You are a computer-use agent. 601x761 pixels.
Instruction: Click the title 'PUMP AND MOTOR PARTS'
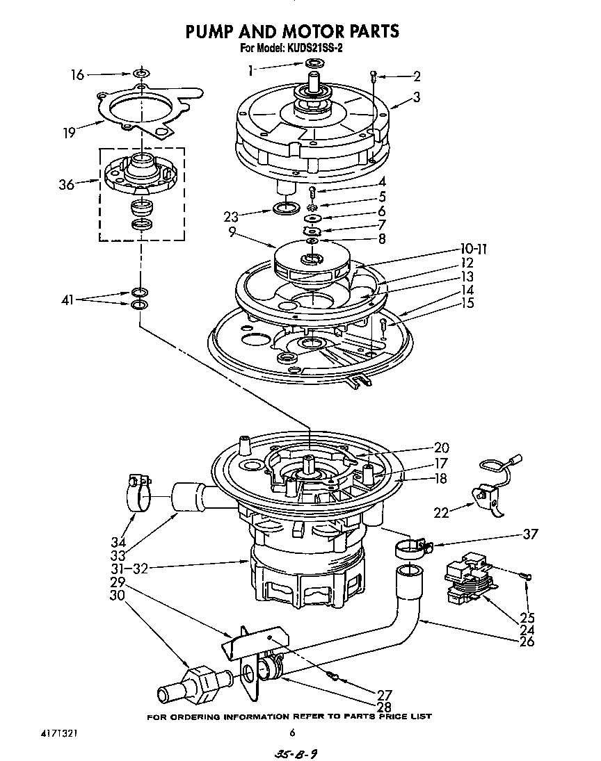tap(291, 31)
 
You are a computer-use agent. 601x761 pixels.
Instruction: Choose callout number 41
tap(67, 300)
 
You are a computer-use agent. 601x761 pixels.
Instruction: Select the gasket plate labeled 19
tap(139, 115)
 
